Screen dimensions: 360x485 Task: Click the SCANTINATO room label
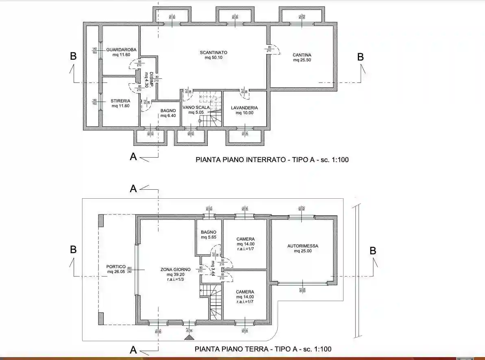coord(213,52)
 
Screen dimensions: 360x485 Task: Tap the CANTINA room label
coord(302,55)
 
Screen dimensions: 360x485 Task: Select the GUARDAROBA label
coord(121,50)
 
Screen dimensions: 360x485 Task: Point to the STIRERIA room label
coord(120,101)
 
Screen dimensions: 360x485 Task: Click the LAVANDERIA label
coord(244,108)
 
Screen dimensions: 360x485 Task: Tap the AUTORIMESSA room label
coord(302,246)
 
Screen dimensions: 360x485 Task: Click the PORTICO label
coord(116,267)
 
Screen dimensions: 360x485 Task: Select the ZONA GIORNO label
coord(175,269)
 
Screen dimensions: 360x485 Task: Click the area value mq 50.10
coord(213,58)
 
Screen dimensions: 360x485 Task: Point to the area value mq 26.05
coord(116,271)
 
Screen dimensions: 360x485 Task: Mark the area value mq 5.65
coord(209,237)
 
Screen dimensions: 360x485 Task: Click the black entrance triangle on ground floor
coord(188,337)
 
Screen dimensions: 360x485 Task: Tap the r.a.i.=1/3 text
coord(175,279)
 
